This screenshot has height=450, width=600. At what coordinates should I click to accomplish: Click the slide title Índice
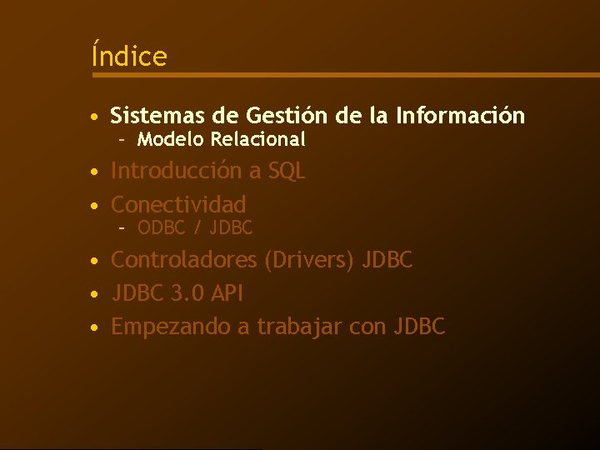(x=129, y=57)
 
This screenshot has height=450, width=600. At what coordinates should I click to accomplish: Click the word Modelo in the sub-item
(x=171, y=138)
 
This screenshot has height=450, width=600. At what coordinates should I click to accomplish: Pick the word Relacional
(x=258, y=138)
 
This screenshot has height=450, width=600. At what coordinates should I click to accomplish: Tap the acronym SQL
(x=287, y=171)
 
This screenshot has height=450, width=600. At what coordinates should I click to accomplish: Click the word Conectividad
(x=178, y=204)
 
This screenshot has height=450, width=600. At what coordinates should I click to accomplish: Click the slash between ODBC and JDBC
(x=197, y=227)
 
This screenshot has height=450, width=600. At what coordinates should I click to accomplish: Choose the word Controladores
(x=184, y=260)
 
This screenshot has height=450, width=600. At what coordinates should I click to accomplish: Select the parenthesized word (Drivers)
(x=309, y=260)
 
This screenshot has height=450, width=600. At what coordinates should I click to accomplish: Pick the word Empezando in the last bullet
(x=171, y=327)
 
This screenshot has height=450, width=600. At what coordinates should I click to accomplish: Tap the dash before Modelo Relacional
(x=121, y=139)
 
